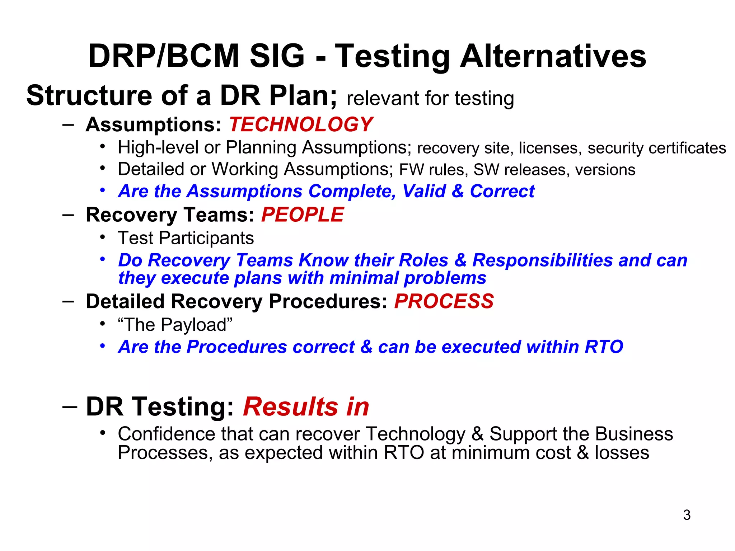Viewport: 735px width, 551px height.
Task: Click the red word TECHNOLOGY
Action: click(x=301, y=125)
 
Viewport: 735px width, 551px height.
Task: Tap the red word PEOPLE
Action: click(x=303, y=215)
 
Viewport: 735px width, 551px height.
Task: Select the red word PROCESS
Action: click(x=444, y=301)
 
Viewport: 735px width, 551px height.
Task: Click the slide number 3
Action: click(x=687, y=515)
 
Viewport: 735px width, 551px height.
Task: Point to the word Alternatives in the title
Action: click(x=553, y=56)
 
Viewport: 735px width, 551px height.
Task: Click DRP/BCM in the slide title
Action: click(x=164, y=56)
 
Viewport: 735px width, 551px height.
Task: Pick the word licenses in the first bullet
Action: click(x=549, y=148)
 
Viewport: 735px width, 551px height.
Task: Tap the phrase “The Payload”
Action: click(x=175, y=325)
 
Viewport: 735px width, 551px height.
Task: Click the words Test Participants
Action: click(x=186, y=238)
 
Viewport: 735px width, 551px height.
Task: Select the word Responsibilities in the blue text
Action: click(x=542, y=260)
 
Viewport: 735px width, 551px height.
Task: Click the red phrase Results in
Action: click(x=306, y=407)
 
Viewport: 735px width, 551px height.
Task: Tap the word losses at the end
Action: click(x=622, y=453)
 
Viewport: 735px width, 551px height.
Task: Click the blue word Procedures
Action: click(x=237, y=347)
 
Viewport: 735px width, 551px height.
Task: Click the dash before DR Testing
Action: click(x=69, y=407)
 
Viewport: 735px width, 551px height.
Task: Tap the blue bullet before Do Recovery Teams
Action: click(x=103, y=259)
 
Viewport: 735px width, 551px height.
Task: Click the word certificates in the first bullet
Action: click(x=657, y=148)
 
